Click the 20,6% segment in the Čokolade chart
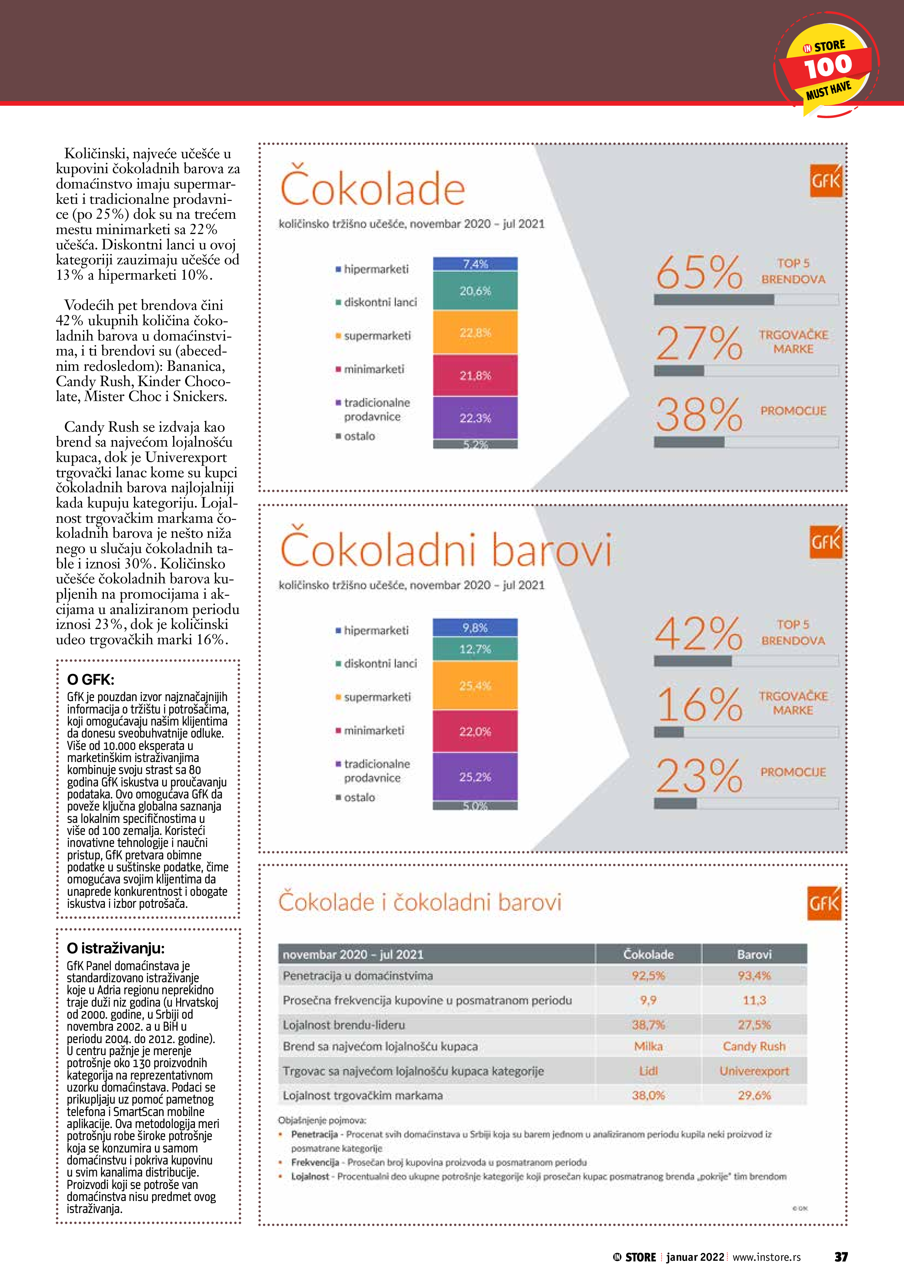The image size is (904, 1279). click(x=475, y=291)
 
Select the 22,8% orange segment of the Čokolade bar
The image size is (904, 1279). click(x=475, y=333)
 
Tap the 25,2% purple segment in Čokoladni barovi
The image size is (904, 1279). click(x=475, y=777)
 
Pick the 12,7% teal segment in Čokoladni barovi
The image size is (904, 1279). click(x=475, y=649)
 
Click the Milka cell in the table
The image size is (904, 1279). click(x=648, y=1046)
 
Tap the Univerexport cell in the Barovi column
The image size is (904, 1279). click(x=754, y=1071)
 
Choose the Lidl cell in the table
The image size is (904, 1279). click(x=648, y=1071)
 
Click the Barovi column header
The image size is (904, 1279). click(x=754, y=954)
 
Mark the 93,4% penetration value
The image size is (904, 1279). click(x=754, y=975)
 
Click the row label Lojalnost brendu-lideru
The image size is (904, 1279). click(x=344, y=1025)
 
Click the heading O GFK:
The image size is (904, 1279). click(x=90, y=680)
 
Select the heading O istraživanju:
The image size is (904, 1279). click(x=115, y=948)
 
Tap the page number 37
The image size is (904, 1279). click(x=841, y=1257)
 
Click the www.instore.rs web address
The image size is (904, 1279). click(x=767, y=1257)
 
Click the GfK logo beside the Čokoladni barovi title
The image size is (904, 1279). click(x=826, y=542)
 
